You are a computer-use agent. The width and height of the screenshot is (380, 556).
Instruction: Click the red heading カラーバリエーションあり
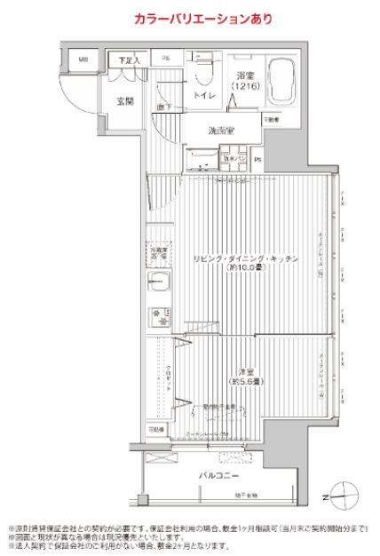(x=190, y=18)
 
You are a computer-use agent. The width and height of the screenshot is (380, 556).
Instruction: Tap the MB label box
(x=83, y=60)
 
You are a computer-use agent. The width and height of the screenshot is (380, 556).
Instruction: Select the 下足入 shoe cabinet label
(x=130, y=60)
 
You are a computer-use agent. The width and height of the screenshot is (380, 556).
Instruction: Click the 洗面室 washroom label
(x=221, y=131)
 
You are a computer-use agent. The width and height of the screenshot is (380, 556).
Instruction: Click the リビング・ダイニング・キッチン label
(x=245, y=258)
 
